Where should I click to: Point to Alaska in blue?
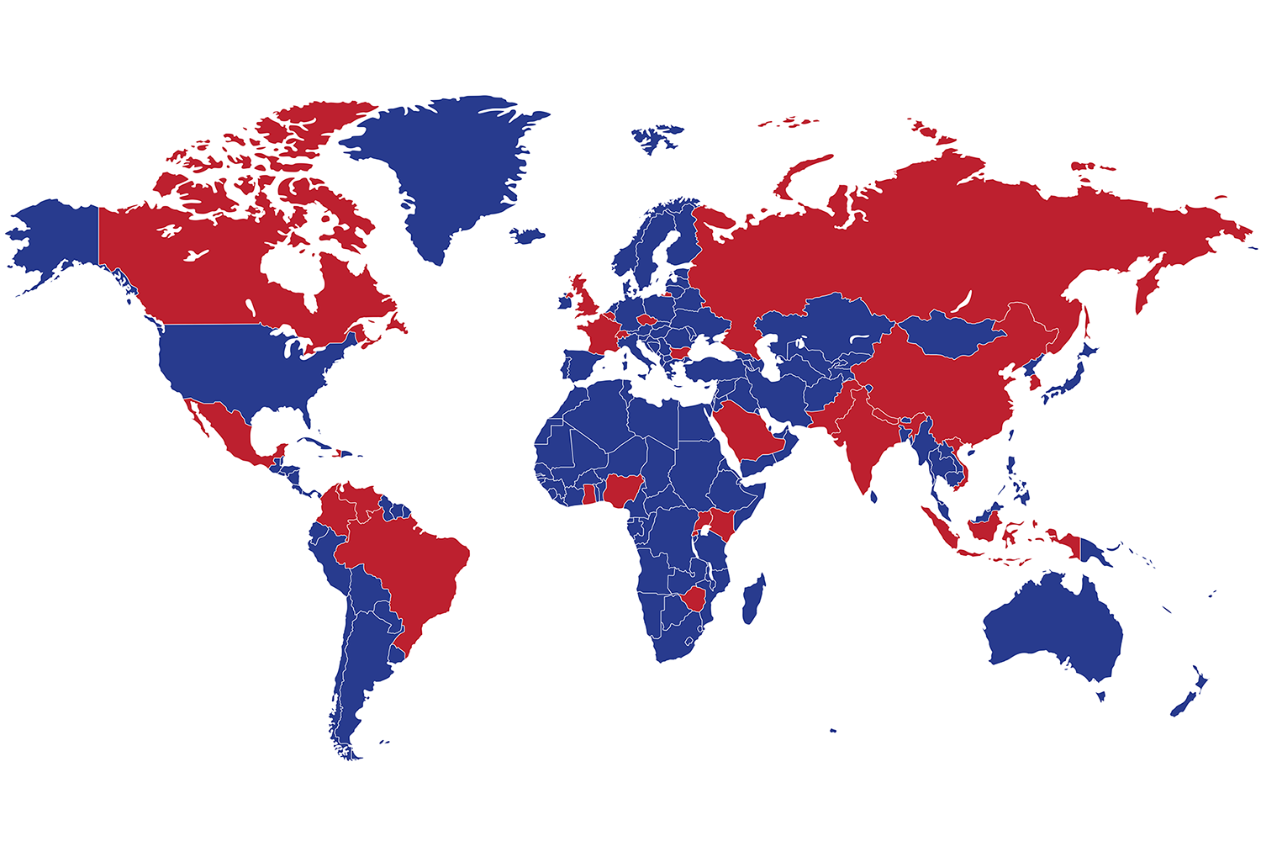click(59, 235)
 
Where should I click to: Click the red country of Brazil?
click(404, 563)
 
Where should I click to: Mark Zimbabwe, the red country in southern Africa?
click(691, 600)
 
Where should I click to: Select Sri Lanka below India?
click(874, 497)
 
